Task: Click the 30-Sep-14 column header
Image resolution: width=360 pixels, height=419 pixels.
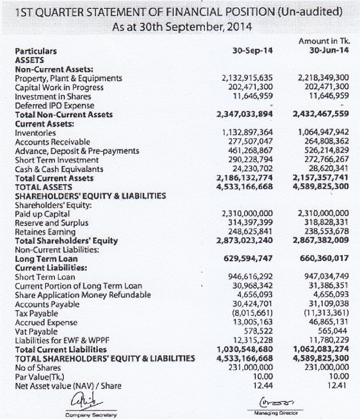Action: (252, 51)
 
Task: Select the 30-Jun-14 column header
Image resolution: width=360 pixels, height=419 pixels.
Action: (328, 51)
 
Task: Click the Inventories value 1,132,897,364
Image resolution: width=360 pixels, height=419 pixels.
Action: (248, 133)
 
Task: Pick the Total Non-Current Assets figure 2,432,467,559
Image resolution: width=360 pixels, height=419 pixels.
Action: (321, 114)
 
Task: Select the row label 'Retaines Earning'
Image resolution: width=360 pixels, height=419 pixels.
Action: (45, 231)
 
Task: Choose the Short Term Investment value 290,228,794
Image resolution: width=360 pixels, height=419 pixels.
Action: (248, 160)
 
